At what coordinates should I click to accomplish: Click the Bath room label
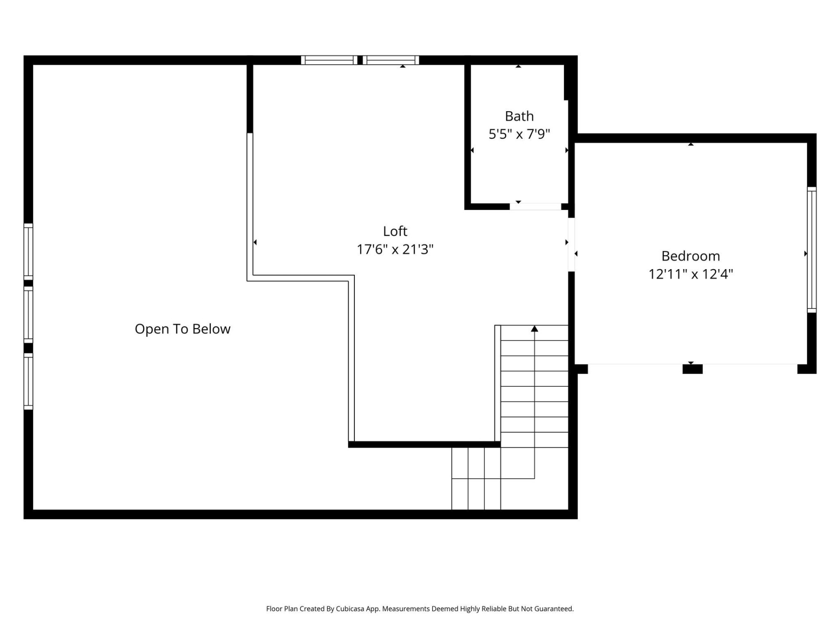(x=519, y=116)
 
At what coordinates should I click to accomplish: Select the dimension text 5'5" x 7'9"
(x=519, y=134)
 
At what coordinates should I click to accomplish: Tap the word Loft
(x=395, y=231)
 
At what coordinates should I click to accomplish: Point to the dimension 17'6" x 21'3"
(x=395, y=249)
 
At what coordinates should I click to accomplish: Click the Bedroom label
(x=690, y=256)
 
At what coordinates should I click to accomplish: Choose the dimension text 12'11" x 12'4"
(x=690, y=274)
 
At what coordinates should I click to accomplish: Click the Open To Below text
(x=182, y=329)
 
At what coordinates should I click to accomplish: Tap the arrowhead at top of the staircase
(x=534, y=329)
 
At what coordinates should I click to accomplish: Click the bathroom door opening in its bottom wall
(x=535, y=206)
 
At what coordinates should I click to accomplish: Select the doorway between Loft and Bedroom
(x=571, y=245)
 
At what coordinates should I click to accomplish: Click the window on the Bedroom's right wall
(x=812, y=250)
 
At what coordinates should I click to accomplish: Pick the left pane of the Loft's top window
(x=329, y=60)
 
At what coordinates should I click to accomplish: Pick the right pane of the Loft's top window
(x=391, y=60)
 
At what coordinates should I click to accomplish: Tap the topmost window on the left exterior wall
(x=28, y=252)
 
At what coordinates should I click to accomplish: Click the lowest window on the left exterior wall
(x=28, y=381)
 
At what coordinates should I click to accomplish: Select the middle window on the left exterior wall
(x=28, y=315)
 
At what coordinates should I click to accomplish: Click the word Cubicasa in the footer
(x=350, y=609)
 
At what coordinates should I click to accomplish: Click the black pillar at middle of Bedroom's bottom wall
(x=692, y=369)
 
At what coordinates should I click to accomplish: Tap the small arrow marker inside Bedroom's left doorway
(x=576, y=254)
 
